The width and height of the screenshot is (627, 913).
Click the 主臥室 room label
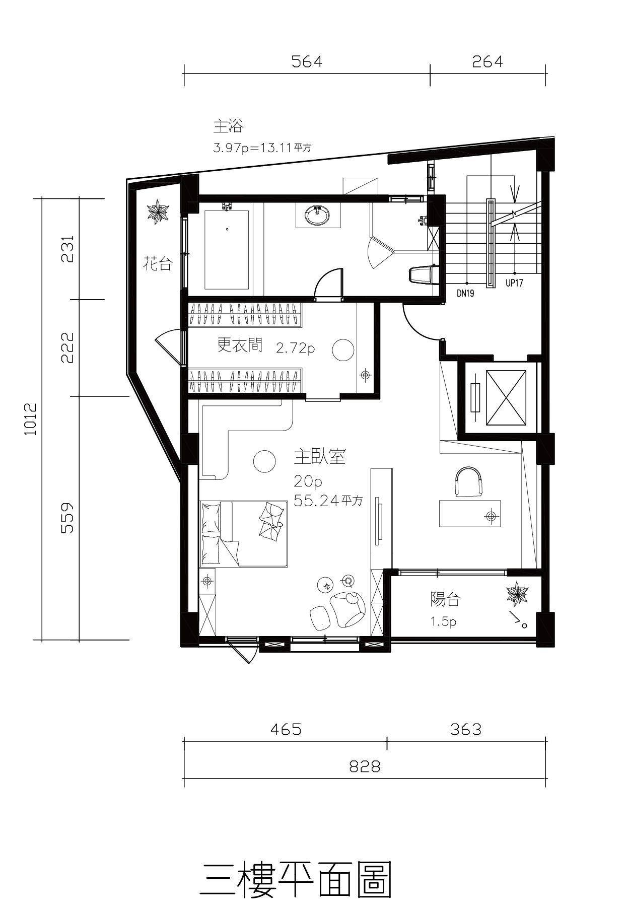(320, 457)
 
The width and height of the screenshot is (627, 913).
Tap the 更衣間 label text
(240, 345)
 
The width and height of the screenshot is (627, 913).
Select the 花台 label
(158, 263)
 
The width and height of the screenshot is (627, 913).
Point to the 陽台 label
(445, 599)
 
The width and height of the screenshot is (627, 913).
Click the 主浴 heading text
(228, 125)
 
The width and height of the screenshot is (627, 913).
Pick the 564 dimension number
(307, 61)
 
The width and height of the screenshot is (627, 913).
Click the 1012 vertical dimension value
(31, 419)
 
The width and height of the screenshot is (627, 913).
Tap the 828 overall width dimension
(365, 766)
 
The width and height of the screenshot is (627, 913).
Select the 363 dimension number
(466, 729)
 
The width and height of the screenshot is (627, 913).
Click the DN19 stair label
(465, 293)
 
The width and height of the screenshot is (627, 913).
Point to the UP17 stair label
(514, 283)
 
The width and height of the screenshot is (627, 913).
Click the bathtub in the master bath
(227, 250)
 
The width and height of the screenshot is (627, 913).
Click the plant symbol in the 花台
(158, 212)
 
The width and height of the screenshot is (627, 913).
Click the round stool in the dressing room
(343, 349)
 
